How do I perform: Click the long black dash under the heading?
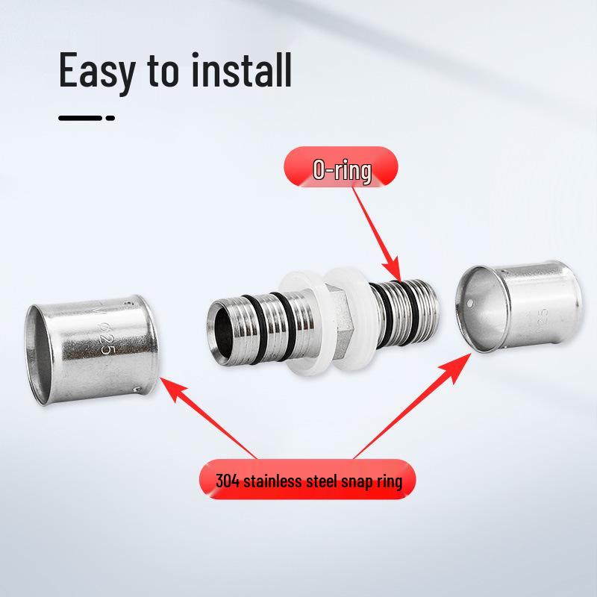point(80,118)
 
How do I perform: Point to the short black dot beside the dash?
point(110,118)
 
